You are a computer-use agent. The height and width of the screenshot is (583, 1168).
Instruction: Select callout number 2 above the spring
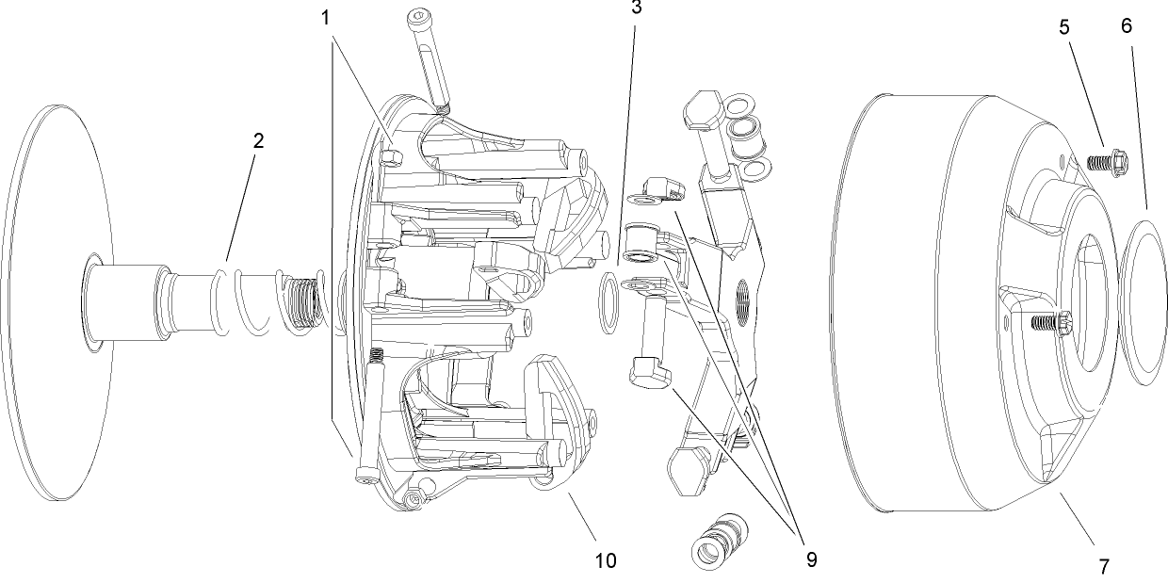[258, 141]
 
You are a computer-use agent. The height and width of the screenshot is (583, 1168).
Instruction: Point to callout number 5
[1063, 27]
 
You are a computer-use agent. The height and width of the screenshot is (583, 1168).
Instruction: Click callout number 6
[1127, 27]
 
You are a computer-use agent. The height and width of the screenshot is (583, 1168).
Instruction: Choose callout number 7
[1103, 567]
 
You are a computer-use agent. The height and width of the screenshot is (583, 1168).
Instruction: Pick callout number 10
[606, 560]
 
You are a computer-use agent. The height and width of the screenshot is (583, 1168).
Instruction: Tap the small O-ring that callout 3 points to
[609, 304]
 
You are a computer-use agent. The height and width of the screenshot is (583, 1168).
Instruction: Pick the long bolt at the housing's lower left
[369, 414]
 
